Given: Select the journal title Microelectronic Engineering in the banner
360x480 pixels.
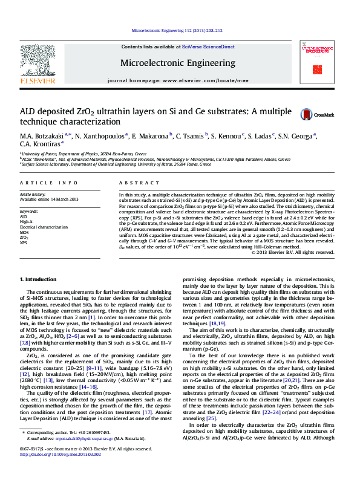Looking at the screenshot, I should [177, 63].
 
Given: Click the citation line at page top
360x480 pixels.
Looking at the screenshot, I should [177, 30].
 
